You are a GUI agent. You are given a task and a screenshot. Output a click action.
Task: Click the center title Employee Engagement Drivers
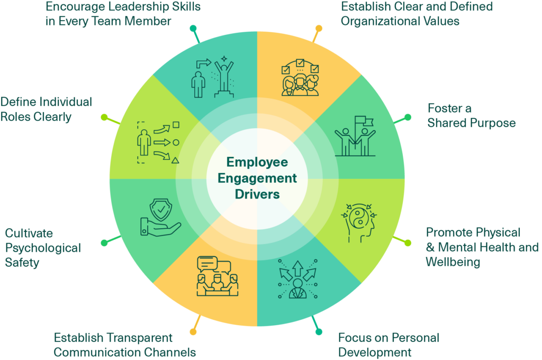pos(258,178)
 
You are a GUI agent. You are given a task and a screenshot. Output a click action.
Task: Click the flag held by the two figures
pos(361,122)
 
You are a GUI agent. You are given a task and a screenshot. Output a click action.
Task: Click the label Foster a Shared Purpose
pos(471,115)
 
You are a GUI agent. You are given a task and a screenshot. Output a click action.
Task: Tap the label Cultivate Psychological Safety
pos(42,247)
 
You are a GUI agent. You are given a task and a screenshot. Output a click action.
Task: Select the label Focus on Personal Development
pos(389,345)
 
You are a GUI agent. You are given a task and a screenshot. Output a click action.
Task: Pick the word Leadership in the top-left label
pos(123,7)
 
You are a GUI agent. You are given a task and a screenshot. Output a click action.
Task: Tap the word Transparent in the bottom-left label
pos(139,337)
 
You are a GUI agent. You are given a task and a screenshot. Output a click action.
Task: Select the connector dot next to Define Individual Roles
pos(104,116)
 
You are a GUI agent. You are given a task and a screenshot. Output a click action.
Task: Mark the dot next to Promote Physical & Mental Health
pos(408,242)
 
